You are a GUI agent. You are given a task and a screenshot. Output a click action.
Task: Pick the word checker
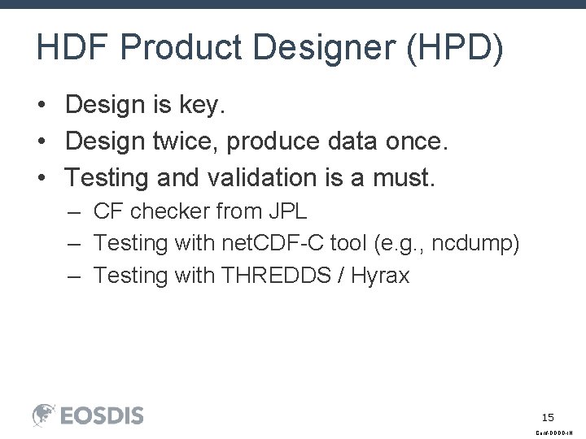click(x=169, y=212)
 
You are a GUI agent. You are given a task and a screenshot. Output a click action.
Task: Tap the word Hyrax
click(x=381, y=276)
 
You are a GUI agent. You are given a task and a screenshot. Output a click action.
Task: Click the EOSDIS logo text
click(x=101, y=415)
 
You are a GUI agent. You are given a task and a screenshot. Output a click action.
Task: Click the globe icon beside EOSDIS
click(x=44, y=415)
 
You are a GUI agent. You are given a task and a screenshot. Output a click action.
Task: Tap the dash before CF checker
click(x=75, y=212)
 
